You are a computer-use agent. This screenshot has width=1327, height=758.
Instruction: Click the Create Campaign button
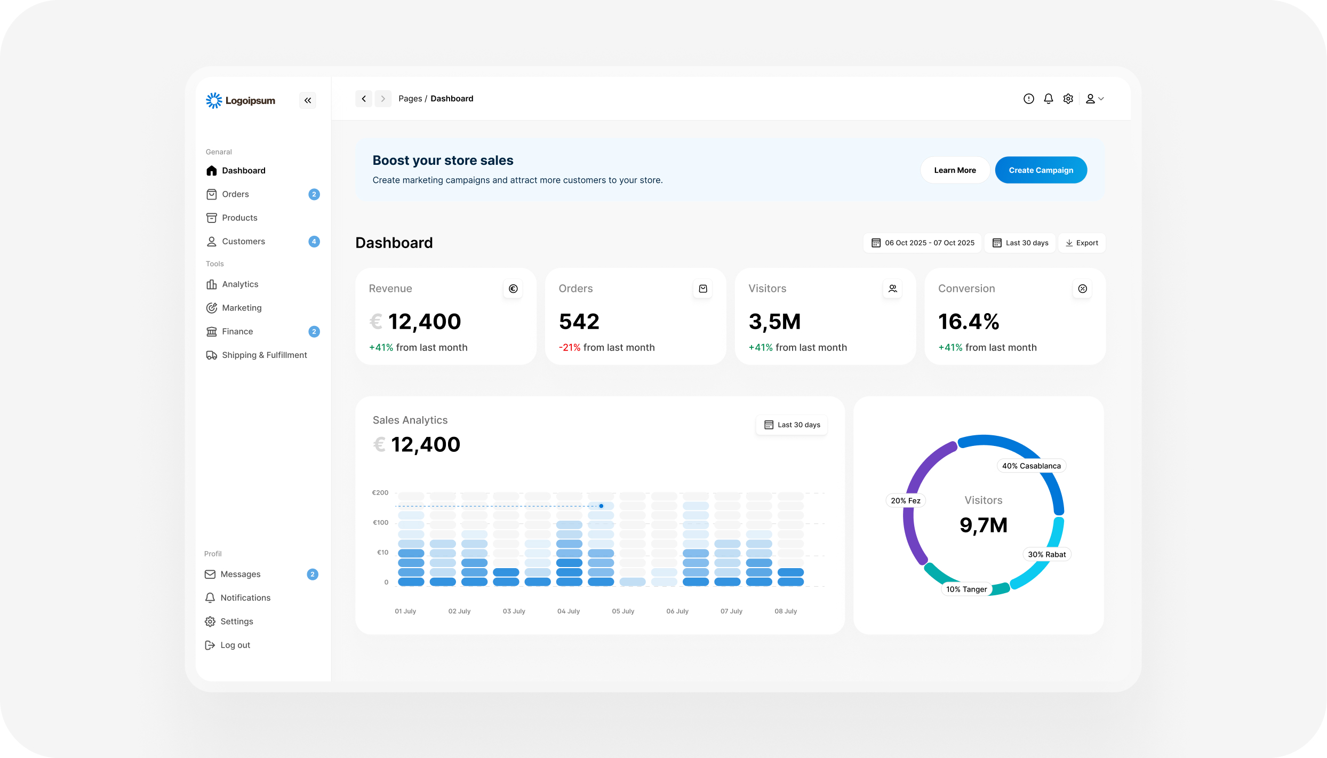point(1041,170)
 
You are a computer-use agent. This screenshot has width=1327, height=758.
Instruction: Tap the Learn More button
point(955,170)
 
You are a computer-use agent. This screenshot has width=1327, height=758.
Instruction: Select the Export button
point(1082,243)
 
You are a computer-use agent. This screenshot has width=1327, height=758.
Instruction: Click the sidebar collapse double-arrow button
point(308,100)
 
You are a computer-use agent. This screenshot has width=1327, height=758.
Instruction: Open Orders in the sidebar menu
point(235,194)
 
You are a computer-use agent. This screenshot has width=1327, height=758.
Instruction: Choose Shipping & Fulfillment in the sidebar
point(265,355)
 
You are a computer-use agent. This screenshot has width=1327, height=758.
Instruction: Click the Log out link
point(235,645)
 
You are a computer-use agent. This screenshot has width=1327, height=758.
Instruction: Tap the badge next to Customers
point(314,242)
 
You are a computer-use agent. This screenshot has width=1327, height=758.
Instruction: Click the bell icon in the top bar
point(1049,99)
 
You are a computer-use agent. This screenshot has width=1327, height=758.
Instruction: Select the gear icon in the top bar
point(1068,99)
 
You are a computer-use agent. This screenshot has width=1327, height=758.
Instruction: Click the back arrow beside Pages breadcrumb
point(364,99)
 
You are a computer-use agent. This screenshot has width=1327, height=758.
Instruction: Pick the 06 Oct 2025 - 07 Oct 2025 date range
point(923,243)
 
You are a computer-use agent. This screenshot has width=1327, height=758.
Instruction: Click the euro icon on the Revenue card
point(513,289)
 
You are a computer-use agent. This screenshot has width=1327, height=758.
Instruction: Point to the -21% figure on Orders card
point(570,348)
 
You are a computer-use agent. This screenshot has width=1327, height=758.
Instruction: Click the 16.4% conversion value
point(969,322)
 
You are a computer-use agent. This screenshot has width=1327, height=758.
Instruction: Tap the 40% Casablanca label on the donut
point(1032,466)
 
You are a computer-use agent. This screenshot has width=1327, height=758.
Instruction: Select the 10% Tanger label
point(966,589)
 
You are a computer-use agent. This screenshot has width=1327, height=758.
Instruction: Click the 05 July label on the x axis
point(623,611)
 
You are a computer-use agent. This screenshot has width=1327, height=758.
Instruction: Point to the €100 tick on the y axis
point(381,523)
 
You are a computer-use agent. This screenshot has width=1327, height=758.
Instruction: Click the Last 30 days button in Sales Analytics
point(792,425)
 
